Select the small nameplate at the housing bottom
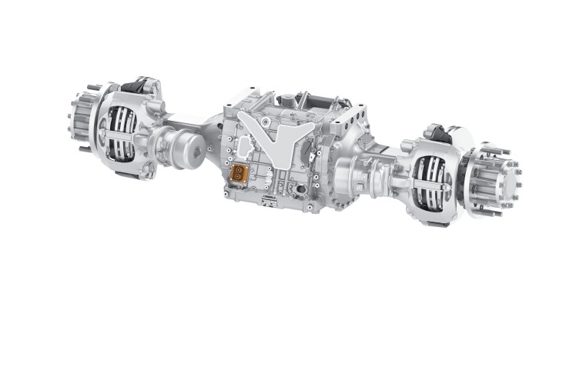click(269, 201)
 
